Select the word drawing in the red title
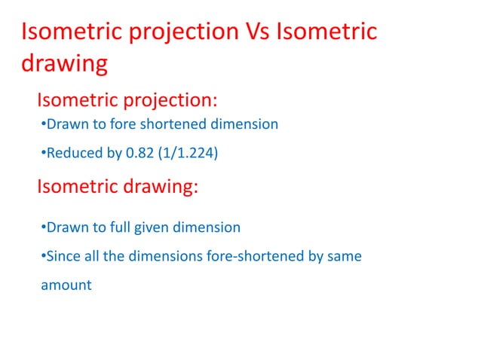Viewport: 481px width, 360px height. (x=63, y=64)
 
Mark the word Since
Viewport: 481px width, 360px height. (x=62, y=257)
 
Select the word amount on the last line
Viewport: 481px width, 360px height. (x=66, y=285)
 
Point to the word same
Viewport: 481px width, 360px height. (x=344, y=257)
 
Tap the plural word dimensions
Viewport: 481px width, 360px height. (x=167, y=257)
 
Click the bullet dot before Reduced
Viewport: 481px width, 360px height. (x=42, y=154)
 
